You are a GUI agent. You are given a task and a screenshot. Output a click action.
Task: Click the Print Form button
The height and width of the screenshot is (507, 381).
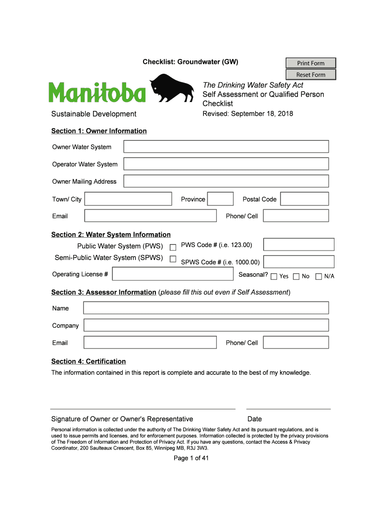tap(311, 63)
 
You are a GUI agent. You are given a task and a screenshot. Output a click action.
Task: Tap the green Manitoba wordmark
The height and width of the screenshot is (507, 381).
tap(97, 93)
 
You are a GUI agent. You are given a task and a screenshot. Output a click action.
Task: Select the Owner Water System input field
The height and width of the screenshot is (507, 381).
tap(226, 147)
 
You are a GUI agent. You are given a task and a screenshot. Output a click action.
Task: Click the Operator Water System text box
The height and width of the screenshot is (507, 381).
tap(226, 164)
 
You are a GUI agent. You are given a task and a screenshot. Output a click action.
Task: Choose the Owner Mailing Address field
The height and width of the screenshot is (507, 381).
tap(226, 181)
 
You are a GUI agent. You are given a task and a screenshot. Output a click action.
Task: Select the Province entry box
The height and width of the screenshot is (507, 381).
tap(220, 199)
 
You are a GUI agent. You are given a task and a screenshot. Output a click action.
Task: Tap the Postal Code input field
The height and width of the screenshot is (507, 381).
tap(304, 199)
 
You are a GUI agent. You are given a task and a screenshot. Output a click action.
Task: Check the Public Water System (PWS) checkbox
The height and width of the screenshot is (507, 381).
tap(173, 247)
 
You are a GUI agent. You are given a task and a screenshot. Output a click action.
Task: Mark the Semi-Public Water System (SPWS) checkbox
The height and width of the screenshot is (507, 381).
tap(173, 259)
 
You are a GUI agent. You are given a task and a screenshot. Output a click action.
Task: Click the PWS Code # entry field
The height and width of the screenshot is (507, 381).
tap(299, 245)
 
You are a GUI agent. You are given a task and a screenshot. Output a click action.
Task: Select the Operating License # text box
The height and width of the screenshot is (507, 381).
tap(173, 274)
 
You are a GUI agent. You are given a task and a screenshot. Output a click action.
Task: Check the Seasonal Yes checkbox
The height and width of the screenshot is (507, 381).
tap(274, 276)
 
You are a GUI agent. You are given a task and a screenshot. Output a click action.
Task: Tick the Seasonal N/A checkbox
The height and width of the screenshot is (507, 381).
tap(318, 276)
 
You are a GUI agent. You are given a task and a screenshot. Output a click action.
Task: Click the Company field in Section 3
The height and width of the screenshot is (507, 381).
tap(206, 325)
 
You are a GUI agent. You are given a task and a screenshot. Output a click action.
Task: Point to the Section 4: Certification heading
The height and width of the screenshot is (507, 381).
tap(89, 361)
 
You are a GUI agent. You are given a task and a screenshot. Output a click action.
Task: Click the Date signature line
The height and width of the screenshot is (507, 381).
tap(288, 408)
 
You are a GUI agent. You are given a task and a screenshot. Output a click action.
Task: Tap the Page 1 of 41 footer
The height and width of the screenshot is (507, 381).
tap(191, 458)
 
